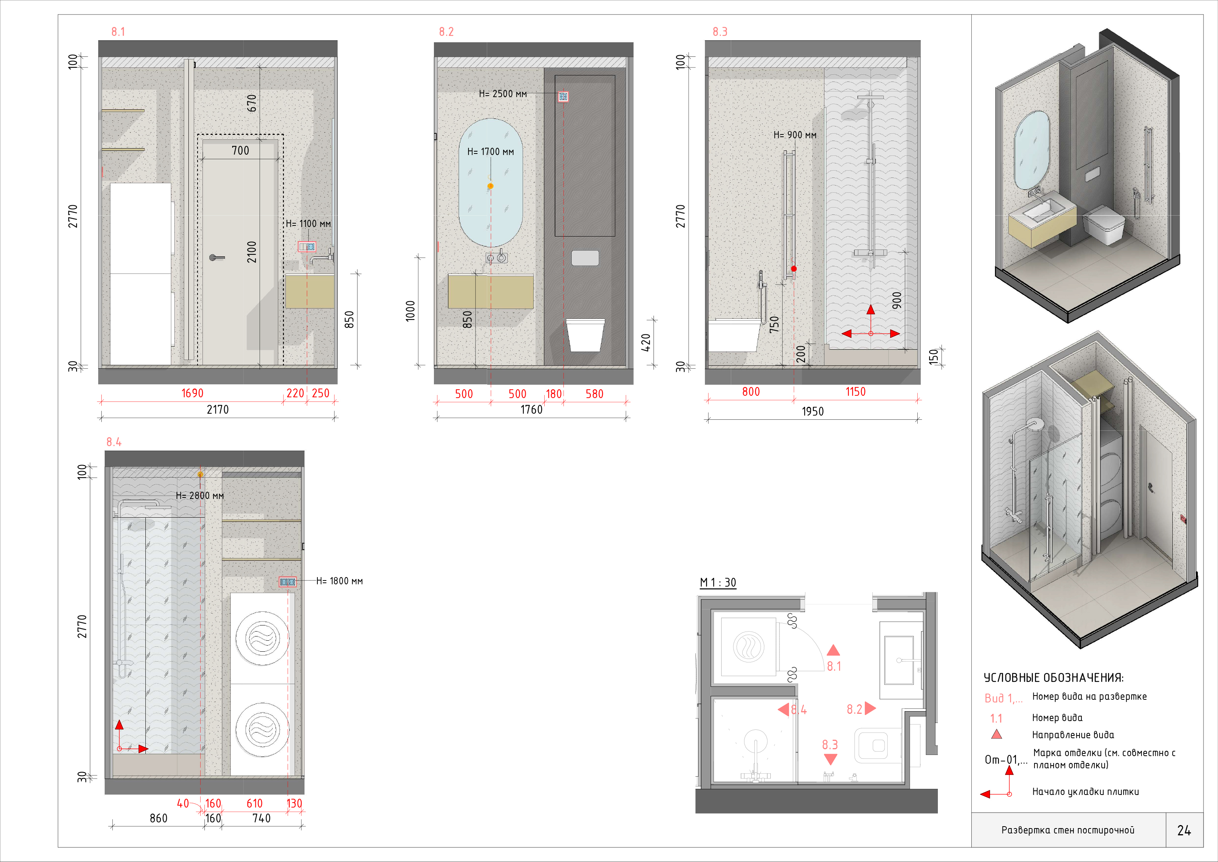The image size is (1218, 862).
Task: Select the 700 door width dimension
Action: point(240,151)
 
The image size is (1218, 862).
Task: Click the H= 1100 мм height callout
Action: point(308,224)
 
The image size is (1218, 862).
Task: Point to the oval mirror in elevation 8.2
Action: point(491,182)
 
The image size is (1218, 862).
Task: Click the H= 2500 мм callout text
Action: point(503,94)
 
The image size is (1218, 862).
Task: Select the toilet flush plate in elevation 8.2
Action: point(585,258)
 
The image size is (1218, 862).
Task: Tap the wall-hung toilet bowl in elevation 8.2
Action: point(586,335)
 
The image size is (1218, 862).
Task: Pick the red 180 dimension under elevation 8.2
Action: point(554,394)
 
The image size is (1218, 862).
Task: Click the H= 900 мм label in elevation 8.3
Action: point(795,135)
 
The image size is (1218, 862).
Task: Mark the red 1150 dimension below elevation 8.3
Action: point(855,392)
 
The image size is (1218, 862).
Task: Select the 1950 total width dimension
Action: point(813,411)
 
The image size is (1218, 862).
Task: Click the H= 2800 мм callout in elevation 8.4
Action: point(200,496)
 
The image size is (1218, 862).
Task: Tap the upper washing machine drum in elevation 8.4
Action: point(262,638)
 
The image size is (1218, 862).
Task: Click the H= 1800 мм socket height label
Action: point(340,581)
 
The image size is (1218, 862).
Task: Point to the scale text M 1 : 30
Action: point(718,583)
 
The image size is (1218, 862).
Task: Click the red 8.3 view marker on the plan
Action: point(830,745)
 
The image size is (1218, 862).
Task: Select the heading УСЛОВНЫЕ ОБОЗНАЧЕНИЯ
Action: point(1054,678)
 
